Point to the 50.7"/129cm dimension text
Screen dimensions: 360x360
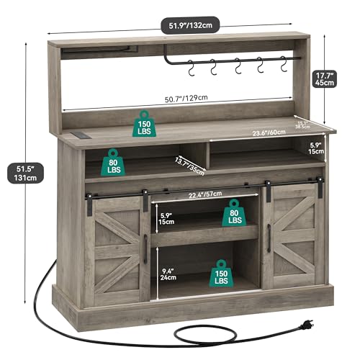pyautogui.click(x=177, y=98)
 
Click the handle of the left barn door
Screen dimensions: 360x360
pyautogui.click(x=145, y=249)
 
